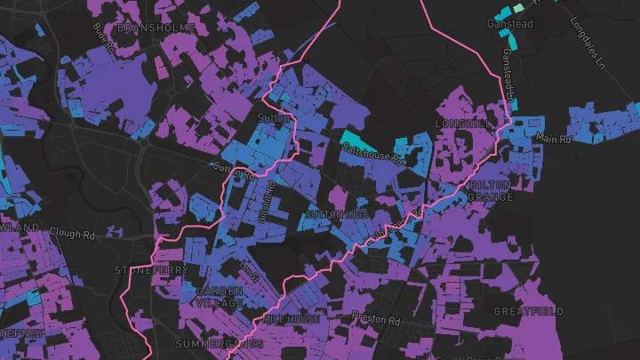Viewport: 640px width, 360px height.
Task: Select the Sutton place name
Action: click(x=268, y=116)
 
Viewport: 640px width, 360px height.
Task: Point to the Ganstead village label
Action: click(x=510, y=23)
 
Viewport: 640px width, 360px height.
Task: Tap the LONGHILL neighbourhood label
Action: click(x=462, y=123)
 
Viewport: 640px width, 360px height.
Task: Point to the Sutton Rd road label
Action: click(x=236, y=169)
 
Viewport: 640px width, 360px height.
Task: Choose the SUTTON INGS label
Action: click(x=337, y=214)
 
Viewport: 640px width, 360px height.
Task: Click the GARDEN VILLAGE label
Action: click(x=220, y=297)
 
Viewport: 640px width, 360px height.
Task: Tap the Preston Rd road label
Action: click(x=376, y=318)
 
